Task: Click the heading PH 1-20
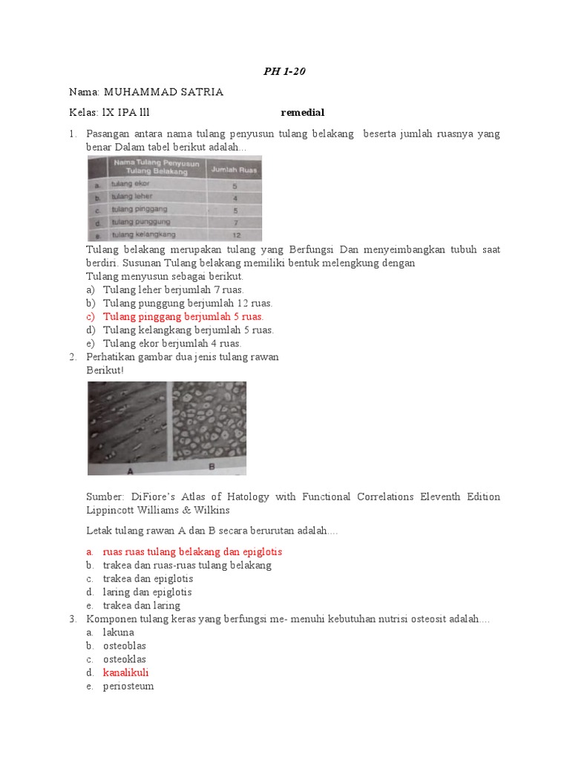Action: (284, 72)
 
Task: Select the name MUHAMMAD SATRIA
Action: (163, 92)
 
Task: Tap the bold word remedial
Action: (303, 113)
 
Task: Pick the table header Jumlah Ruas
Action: (234, 169)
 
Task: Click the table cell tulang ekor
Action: (131, 184)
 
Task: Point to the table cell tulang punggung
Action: (140, 221)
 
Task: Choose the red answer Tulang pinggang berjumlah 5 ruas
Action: (183, 317)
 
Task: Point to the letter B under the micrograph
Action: (212, 468)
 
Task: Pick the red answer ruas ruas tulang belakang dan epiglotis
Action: (192, 552)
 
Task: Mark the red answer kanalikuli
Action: (126, 673)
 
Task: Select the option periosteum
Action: (128, 687)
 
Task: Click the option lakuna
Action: (119, 632)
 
